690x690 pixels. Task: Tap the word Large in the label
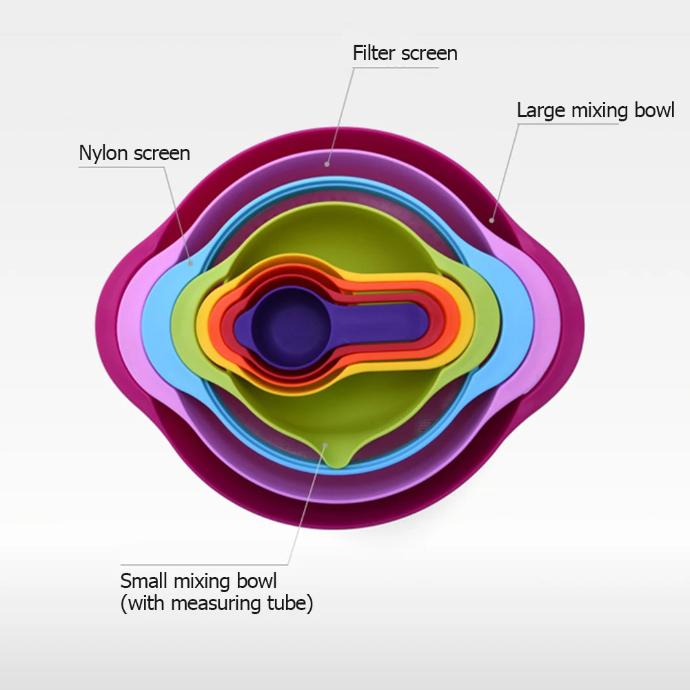540,110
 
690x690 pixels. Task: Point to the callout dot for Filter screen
327,164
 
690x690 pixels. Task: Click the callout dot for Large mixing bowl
491,221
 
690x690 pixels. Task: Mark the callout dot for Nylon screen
191,262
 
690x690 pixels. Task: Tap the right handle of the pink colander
545,324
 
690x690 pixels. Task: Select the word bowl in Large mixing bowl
652,110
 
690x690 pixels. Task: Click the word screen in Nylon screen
162,152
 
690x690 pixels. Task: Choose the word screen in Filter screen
427,53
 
